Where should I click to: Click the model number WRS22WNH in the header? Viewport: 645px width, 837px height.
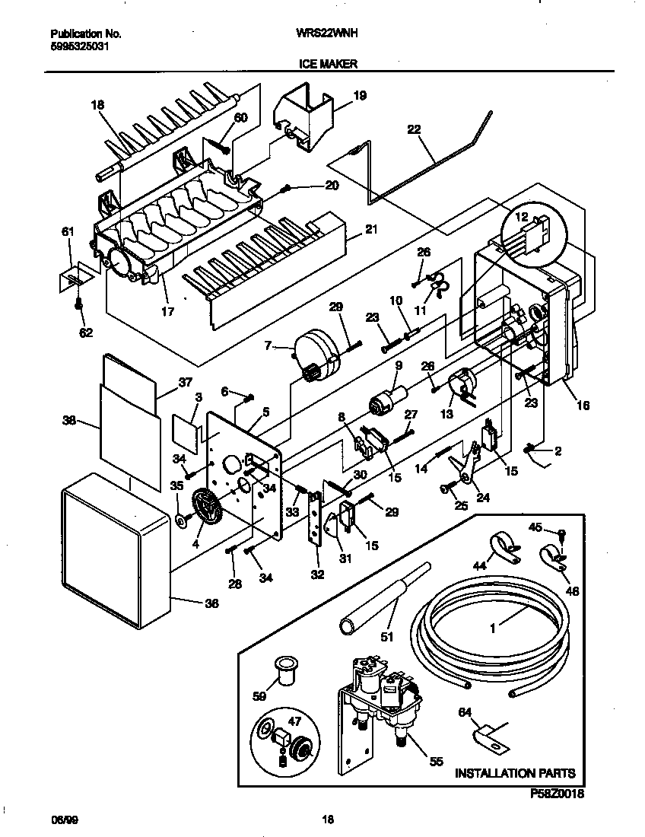327,34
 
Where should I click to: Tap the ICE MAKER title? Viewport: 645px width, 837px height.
322,65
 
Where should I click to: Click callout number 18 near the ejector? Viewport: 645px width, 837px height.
97,105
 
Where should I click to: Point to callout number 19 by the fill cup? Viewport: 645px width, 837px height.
360,96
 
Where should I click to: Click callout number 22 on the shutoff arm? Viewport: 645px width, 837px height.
414,129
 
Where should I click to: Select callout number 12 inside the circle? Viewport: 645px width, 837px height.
522,217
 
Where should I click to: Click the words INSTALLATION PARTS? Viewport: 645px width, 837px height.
514,774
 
